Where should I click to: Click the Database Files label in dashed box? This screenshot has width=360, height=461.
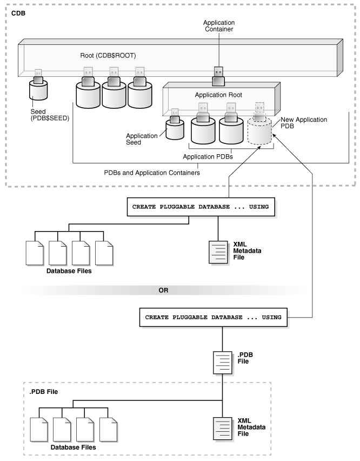[x=74, y=447]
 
